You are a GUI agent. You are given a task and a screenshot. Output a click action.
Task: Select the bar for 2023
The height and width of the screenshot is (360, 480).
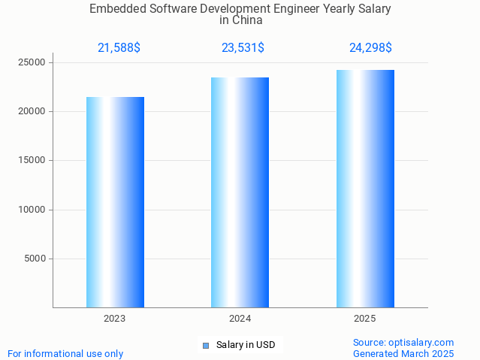[115, 202]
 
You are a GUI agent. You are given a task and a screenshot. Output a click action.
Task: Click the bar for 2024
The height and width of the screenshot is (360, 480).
[240, 192]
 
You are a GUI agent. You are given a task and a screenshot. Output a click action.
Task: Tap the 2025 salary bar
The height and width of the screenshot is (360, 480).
[365, 189]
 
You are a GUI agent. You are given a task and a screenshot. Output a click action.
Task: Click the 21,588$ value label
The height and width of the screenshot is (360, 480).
[119, 48]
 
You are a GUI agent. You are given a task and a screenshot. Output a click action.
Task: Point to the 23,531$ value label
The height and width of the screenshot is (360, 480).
[243, 48]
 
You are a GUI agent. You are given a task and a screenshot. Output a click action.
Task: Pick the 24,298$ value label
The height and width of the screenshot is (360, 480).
[370, 48]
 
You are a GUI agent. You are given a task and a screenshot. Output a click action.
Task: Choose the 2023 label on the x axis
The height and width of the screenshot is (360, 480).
[115, 319]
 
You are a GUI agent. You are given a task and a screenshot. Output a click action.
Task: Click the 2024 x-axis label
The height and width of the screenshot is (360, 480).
[240, 319]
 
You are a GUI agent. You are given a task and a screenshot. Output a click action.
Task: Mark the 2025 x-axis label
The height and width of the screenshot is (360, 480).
[365, 319]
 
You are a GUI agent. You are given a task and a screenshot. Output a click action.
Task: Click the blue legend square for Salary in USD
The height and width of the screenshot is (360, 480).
[206, 346]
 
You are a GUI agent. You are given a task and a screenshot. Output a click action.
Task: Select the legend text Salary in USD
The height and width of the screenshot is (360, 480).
[246, 346]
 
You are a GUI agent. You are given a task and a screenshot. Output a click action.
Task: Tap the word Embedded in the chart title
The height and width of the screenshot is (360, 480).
[116, 9]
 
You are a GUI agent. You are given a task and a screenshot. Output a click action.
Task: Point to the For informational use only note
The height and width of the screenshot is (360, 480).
[65, 353]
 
